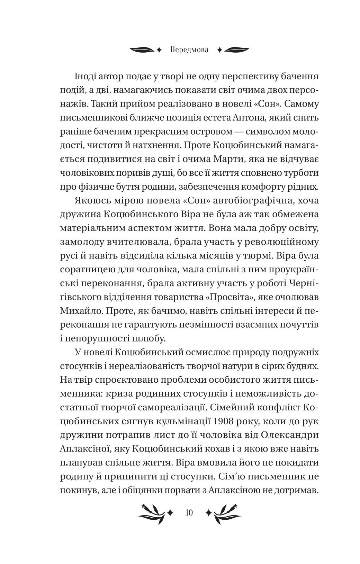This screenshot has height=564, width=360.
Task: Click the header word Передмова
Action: click(190, 50)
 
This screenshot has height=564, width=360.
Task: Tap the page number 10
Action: click(189, 512)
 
